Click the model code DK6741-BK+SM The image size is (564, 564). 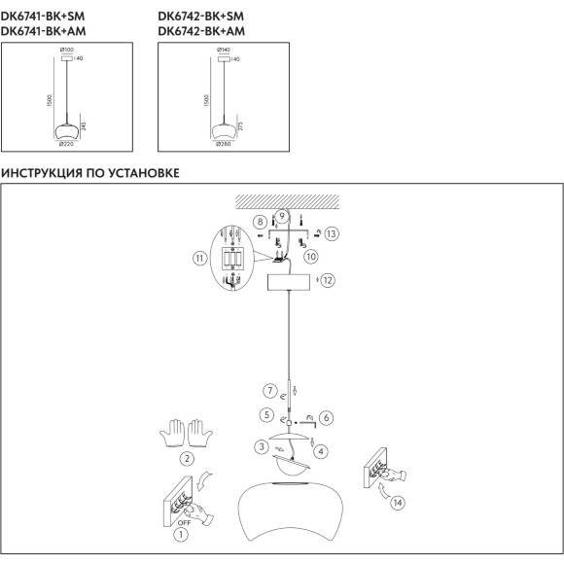(43, 17)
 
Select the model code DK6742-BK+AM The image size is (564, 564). (201, 31)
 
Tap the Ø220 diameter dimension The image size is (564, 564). (66, 144)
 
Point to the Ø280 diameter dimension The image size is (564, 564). (224, 144)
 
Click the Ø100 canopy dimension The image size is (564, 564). (67, 50)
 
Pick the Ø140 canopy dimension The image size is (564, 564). (224, 50)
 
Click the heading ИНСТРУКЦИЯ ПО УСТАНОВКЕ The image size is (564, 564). (89, 173)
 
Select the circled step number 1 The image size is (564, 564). (181, 535)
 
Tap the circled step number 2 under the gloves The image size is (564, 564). (187, 459)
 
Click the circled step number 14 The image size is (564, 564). (398, 503)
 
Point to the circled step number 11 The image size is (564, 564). (199, 259)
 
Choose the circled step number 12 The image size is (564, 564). (328, 280)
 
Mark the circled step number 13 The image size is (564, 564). (332, 233)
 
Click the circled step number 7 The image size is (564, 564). (270, 391)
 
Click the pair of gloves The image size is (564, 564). (186, 433)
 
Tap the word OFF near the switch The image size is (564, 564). (184, 522)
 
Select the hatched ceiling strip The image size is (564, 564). (288, 202)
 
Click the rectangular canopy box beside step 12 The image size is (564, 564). (289, 282)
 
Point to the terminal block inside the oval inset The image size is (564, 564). (232, 259)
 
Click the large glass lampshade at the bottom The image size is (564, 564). (291, 511)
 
